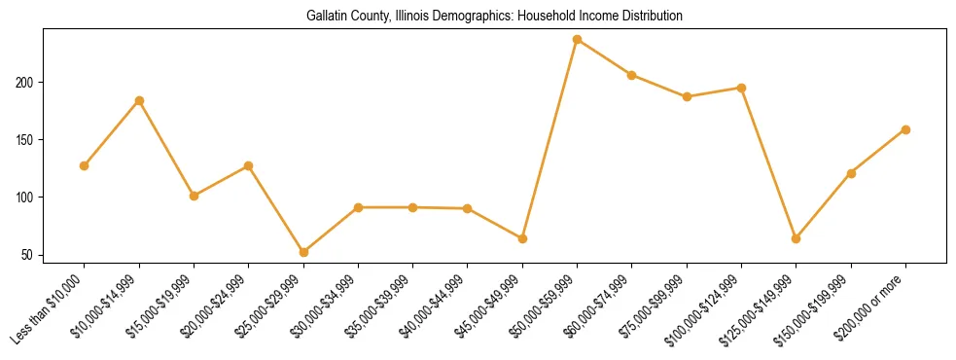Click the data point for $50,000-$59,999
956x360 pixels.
pyautogui.click(x=578, y=40)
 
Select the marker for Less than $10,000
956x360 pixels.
pyautogui.click(x=85, y=165)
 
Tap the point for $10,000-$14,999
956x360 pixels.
pyautogui.click(x=139, y=100)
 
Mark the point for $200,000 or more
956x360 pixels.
pyautogui.click(x=905, y=129)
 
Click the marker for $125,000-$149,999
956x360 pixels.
pyautogui.click(x=797, y=238)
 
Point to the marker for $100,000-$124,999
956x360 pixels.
pyautogui.click(x=741, y=88)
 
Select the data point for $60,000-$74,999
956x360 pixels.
pyautogui.click(x=632, y=75)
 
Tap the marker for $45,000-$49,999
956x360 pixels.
pyautogui.click(x=522, y=238)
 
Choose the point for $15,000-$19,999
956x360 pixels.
pyautogui.click(x=195, y=196)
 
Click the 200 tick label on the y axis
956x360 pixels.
pyautogui.click(x=25, y=83)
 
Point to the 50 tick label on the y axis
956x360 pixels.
pyautogui.click(x=29, y=256)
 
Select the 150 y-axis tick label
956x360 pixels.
pyautogui.click(x=25, y=140)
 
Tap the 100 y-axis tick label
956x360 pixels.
pyautogui.click(x=25, y=198)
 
